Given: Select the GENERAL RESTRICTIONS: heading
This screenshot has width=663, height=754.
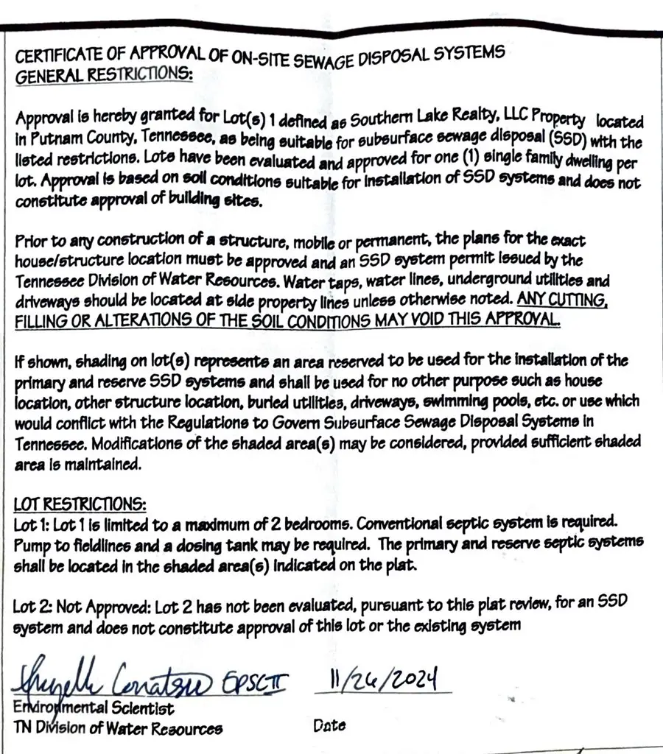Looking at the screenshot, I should click(x=104, y=76).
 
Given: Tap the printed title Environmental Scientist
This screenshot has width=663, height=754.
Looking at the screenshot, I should click(x=94, y=709).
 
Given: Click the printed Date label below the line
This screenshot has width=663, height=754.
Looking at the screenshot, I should click(x=329, y=725).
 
